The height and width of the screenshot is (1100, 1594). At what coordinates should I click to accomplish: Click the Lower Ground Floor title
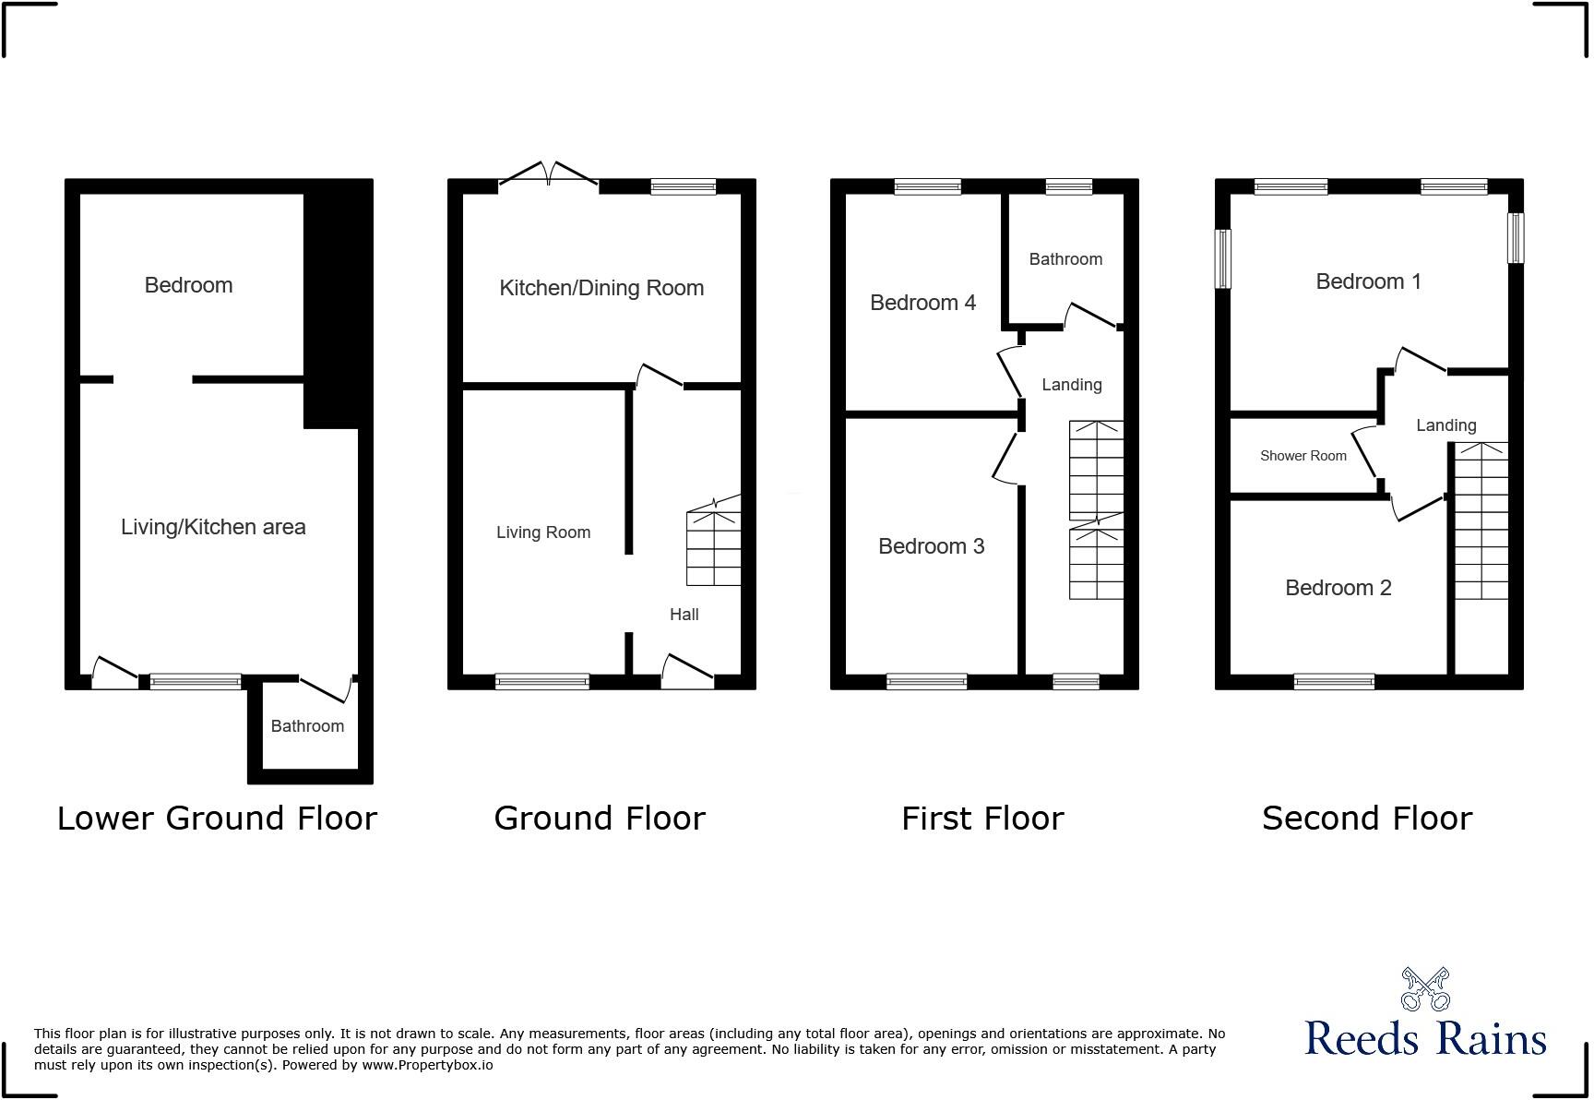[x=217, y=819]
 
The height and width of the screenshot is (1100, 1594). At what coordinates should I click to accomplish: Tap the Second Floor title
[x=1366, y=819]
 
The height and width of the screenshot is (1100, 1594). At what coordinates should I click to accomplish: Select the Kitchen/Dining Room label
[x=601, y=288]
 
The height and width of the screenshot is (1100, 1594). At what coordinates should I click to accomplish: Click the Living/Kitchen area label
[x=213, y=527]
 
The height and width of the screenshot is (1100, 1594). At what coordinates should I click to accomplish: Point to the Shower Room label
[x=1303, y=456]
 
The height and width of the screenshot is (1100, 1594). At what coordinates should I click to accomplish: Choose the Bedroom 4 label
[x=922, y=303]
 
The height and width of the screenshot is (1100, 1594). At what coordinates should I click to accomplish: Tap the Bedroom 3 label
[x=931, y=546]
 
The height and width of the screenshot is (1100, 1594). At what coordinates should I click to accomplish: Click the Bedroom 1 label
[x=1368, y=281]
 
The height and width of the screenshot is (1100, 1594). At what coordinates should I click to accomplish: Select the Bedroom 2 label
[x=1338, y=588]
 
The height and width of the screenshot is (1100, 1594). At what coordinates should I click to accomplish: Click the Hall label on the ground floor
[x=684, y=615]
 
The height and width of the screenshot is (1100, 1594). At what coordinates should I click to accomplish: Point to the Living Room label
[x=543, y=532]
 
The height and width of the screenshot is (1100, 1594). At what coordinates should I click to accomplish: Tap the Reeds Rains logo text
[x=1425, y=1039]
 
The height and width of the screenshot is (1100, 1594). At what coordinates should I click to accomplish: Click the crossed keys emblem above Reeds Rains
[x=1425, y=988]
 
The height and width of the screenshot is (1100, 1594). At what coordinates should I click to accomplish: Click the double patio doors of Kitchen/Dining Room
[x=549, y=174]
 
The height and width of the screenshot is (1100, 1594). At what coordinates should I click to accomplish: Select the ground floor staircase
[x=713, y=544]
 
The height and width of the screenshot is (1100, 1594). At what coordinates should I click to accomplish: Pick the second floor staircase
[x=1481, y=521]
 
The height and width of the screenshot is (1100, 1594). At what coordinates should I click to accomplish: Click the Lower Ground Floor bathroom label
[x=307, y=726]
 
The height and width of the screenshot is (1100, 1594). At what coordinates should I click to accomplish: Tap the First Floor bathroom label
[x=1065, y=259]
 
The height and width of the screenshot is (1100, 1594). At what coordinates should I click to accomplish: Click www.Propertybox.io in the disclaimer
[x=427, y=1065]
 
